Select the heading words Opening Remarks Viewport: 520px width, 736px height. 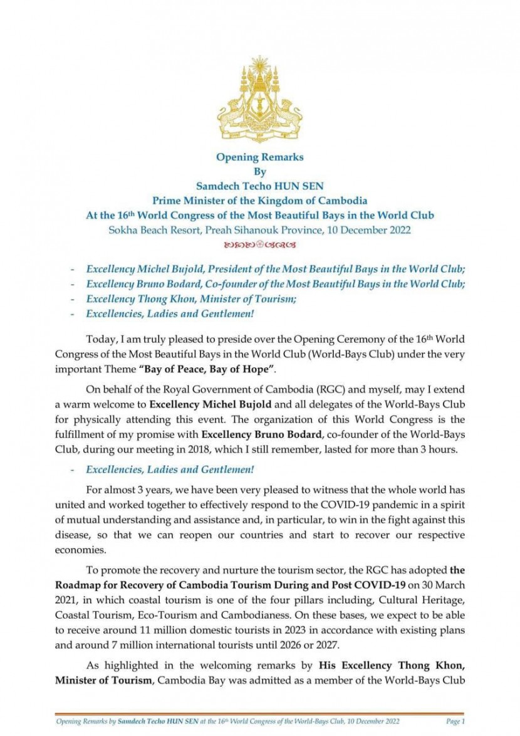[x=259, y=157]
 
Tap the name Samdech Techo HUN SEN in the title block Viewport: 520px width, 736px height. [x=259, y=186]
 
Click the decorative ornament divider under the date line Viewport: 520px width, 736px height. [x=259, y=243]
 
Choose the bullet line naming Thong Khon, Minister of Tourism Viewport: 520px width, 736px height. [x=191, y=299]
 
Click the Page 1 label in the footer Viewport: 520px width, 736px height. [x=454, y=722]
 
